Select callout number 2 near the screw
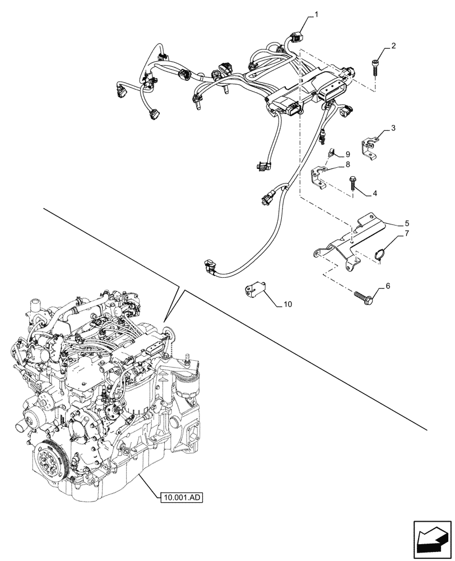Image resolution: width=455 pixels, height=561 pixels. pos(394,47)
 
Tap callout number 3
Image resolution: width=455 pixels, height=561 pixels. pos(394,128)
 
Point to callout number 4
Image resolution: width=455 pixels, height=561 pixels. pos(374,194)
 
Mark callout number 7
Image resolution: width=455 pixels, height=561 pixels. pos(407,233)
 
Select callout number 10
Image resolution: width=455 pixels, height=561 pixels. pos(287,305)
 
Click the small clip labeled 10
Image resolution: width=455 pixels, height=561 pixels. pos(254,290)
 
